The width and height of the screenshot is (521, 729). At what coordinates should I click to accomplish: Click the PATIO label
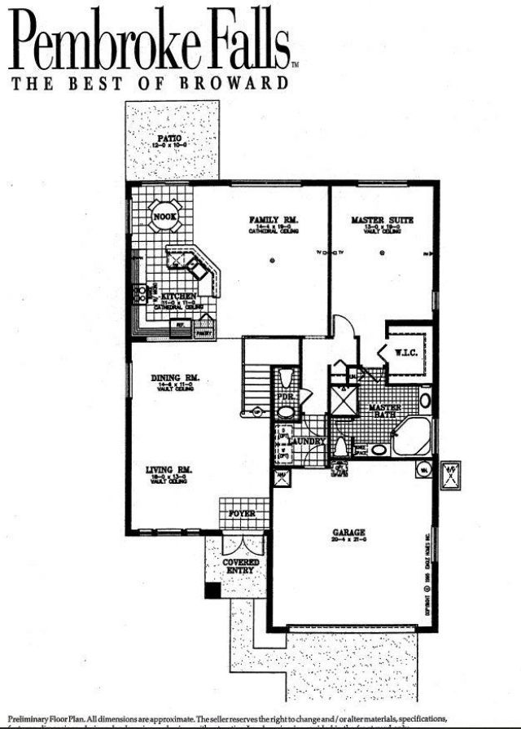(x=170, y=138)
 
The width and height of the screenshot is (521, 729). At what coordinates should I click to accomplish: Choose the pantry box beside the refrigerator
(x=204, y=329)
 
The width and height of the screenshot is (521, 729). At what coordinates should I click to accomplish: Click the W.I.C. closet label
(x=405, y=353)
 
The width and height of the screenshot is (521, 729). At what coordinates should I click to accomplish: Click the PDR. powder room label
(x=284, y=397)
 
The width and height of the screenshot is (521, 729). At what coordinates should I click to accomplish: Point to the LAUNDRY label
(x=310, y=441)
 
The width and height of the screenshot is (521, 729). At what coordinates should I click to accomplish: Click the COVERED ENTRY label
(x=241, y=566)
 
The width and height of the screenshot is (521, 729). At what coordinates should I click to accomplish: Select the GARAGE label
(x=348, y=534)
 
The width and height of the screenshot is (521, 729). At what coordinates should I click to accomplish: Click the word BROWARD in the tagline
(x=243, y=82)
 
